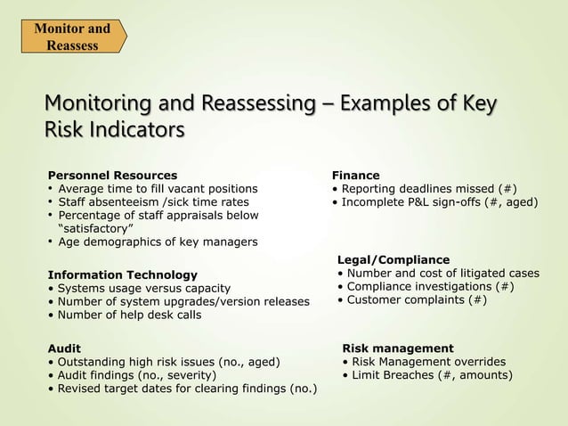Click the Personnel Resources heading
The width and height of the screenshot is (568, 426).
pyautogui.click(x=111, y=176)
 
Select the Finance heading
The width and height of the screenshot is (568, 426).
pyautogui.click(x=355, y=176)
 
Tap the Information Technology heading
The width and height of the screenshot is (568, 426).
pyautogui.click(x=121, y=274)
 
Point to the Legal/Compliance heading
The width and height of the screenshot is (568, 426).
pyautogui.click(x=394, y=259)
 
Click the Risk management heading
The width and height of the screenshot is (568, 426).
pyautogui.click(x=398, y=348)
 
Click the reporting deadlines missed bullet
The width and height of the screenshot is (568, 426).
pyautogui.click(x=424, y=189)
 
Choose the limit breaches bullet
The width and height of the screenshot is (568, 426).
pyautogui.click(x=427, y=375)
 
